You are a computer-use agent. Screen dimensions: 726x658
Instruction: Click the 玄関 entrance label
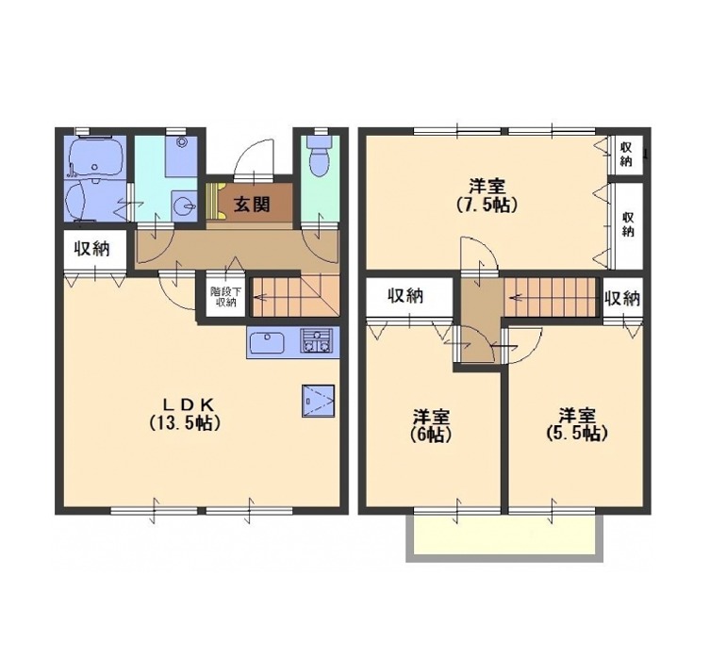point(252,204)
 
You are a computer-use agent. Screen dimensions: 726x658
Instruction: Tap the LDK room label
point(188,405)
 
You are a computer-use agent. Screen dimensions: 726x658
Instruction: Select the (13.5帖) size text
point(184,422)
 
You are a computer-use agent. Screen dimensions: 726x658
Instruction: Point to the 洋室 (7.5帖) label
point(487,195)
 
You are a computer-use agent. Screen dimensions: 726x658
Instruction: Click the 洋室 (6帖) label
point(431,425)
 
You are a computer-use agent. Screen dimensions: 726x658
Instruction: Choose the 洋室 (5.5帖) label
point(577,424)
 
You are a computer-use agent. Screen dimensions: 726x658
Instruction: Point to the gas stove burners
point(317,340)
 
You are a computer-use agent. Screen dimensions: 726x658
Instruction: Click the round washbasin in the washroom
point(184,205)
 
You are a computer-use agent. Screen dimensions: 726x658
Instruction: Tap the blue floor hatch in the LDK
point(318,401)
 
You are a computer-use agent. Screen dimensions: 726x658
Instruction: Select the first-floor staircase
point(296,295)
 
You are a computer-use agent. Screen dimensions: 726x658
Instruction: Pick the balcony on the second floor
point(504,537)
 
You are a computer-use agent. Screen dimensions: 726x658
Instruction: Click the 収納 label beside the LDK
point(92,249)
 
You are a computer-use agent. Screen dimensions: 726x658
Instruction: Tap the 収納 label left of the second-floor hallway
point(405,296)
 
